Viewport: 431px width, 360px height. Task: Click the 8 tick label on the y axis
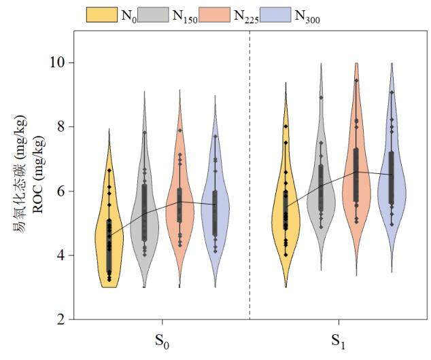point(61,126)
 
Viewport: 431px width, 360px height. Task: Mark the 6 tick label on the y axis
point(61,191)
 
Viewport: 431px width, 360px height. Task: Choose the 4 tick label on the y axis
point(61,255)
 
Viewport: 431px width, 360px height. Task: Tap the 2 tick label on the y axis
point(61,319)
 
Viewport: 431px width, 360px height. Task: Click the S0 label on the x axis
point(162,340)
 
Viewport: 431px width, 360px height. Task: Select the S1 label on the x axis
point(339,340)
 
